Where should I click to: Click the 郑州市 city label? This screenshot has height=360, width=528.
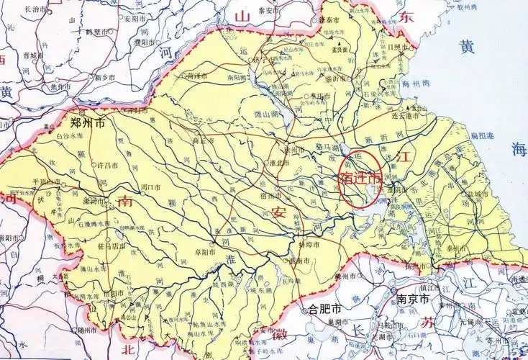coord(87,122)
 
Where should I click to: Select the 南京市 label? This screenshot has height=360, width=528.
coord(413,298)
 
